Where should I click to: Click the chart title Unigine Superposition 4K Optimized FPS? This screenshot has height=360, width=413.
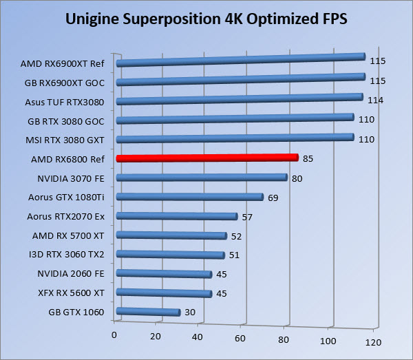point(206,19)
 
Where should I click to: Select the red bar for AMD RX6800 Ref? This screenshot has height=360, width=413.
point(206,158)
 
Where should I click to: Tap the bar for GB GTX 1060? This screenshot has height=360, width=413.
point(149,313)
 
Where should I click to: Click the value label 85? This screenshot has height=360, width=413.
point(308,159)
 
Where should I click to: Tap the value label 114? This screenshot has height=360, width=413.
point(375,100)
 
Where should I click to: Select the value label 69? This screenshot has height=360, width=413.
point(273,198)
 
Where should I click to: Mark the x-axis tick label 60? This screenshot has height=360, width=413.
point(240,338)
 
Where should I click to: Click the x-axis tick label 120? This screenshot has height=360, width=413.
point(372,341)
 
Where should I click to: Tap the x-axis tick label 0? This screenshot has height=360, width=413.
point(114,335)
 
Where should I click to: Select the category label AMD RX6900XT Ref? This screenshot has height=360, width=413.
point(62,63)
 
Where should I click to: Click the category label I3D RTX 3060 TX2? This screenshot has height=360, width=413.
point(67,255)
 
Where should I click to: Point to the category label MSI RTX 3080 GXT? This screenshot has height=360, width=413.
point(65,140)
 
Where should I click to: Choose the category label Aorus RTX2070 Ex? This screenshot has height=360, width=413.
point(65,216)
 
